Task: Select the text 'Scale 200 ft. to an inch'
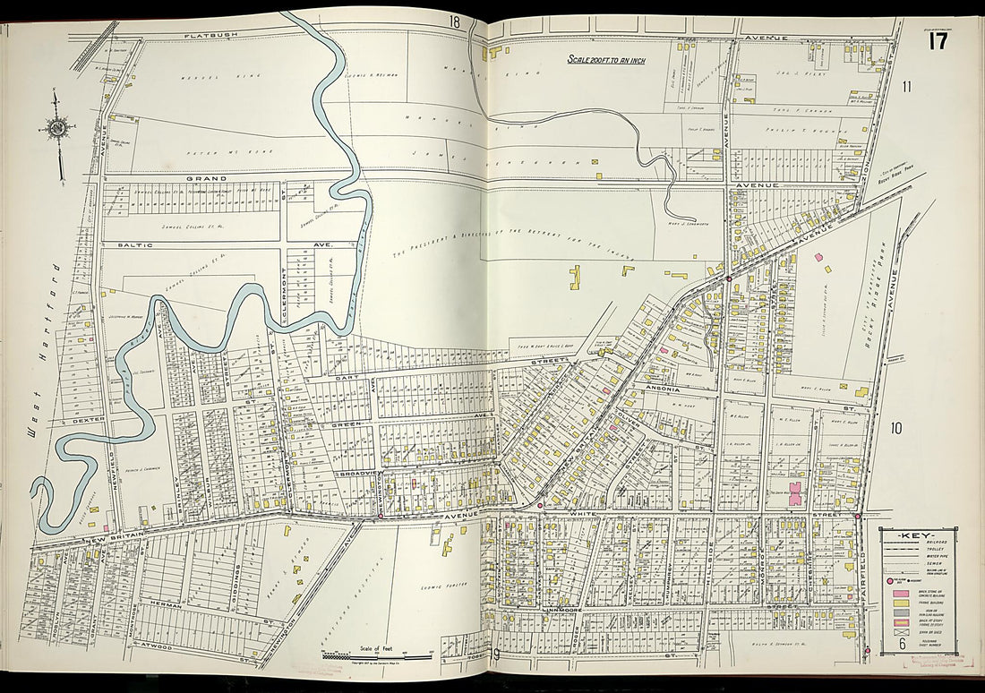click(606, 60)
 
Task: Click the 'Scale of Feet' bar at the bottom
click(367, 650)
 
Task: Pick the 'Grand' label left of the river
click(204, 179)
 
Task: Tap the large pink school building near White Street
click(794, 493)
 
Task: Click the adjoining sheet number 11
click(906, 87)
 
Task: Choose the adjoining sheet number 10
click(895, 428)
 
